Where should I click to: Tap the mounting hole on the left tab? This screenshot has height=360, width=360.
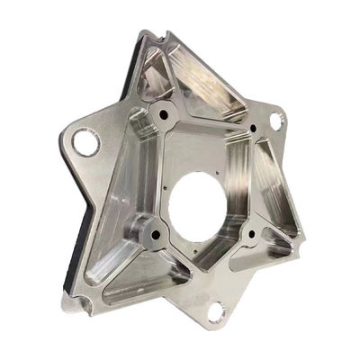tap(85, 141)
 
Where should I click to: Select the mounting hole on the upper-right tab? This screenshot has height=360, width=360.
tap(274, 119)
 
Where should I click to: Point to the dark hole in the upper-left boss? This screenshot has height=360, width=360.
tap(163, 115)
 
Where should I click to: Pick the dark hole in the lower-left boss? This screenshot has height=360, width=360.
tap(155, 235)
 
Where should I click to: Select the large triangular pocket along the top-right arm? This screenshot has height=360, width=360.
tap(210, 90)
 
